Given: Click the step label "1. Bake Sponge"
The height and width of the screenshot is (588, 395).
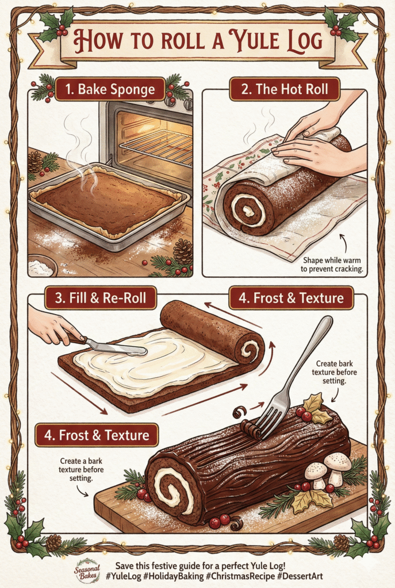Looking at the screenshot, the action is point(110,89).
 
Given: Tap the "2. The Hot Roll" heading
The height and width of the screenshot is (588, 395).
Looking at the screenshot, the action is point(284,89).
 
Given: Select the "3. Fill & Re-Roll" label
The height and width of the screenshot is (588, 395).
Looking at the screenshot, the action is point(100,298).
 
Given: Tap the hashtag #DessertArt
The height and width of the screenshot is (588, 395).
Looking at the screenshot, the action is point(300,576).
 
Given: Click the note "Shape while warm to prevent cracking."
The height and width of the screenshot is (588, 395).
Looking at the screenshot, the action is point(332,264).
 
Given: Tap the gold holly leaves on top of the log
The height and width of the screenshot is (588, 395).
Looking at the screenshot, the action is point(315,407).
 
